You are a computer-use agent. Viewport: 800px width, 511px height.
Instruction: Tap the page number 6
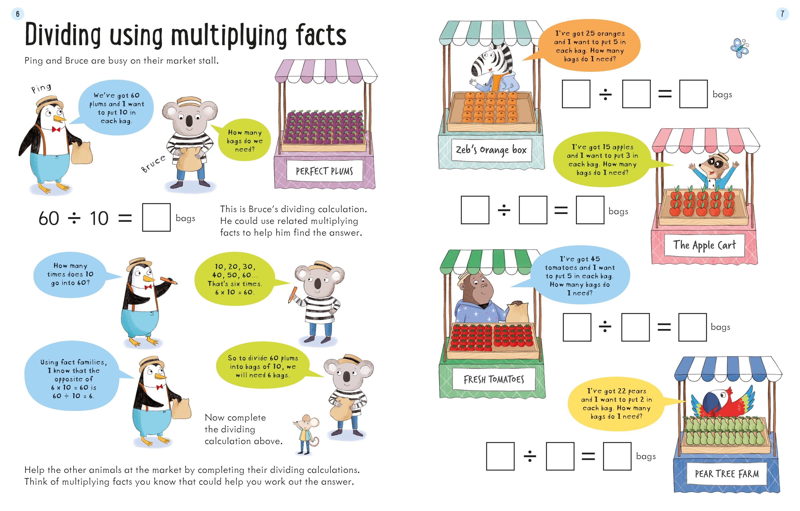[x=18, y=14]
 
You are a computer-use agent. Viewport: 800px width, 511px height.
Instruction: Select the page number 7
[x=782, y=14]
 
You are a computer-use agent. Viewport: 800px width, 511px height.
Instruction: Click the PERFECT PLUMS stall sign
[x=324, y=171]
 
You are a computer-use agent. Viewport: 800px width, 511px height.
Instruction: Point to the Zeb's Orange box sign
[x=491, y=150]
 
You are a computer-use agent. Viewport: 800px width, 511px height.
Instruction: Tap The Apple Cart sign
[x=704, y=245]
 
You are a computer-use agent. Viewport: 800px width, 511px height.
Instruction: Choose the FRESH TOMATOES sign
[x=494, y=379]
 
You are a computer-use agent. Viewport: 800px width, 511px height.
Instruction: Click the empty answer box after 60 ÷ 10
[x=156, y=217]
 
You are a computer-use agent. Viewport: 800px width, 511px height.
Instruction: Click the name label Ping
[x=41, y=88]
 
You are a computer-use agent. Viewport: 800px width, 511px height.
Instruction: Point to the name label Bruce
[x=153, y=164]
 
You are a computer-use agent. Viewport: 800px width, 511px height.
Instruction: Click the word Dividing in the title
[x=63, y=35]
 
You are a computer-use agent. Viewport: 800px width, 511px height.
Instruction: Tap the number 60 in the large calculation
[x=49, y=218]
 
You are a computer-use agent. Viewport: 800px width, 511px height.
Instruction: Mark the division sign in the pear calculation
[x=530, y=456]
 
